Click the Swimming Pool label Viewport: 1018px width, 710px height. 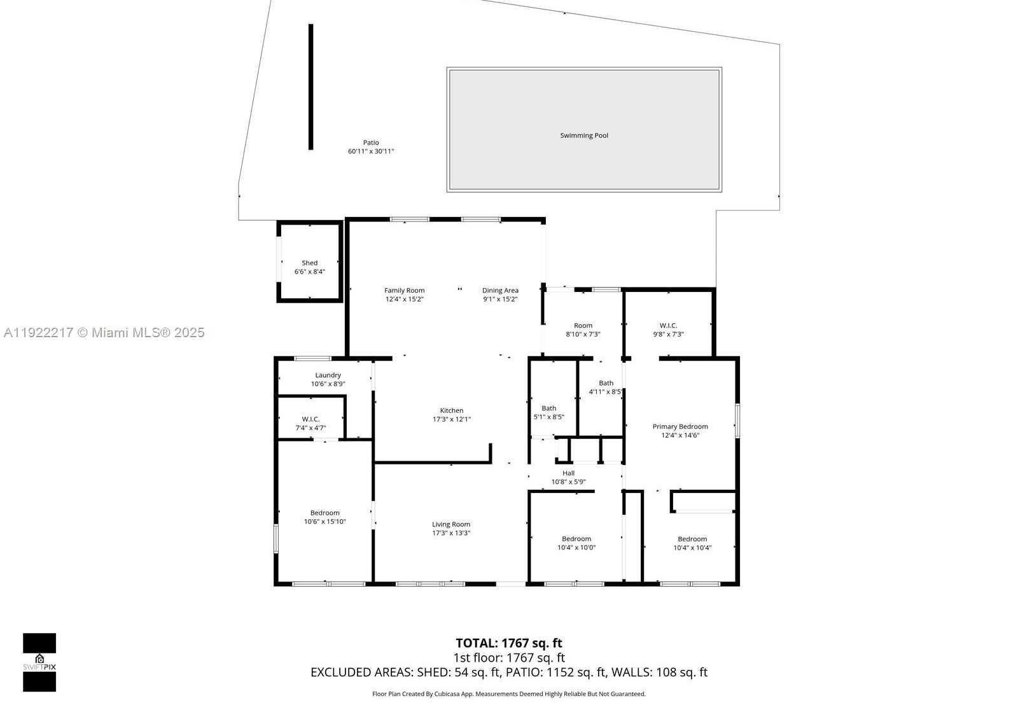pyautogui.click(x=584, y=136)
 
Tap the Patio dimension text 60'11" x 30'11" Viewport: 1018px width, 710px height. pyautogui.click(x=371, y=151)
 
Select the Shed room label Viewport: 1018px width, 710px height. pyautogui.click(x=310, y=263)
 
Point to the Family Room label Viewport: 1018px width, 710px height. pyautogui.click(x=404, y=291)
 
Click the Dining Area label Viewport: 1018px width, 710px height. pyautogui.click(x=500, y=291)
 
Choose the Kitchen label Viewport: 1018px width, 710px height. pyautogui.click(x=452, y=411)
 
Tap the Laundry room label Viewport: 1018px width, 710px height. pyautogui.click(x=328, y=375)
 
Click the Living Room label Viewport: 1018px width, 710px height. pyautogui.click(x=451, y=525)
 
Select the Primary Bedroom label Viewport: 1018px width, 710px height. pyautogui.click(x=680, y=427)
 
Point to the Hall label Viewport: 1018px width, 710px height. pyautogui.click(x=569, y=473)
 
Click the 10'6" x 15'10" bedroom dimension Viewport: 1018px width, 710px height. pyautogui.click(x=325, y=522)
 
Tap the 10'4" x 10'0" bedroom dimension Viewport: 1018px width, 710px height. pyautogui.click(x=576, y=548)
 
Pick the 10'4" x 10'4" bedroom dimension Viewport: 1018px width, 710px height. pyautogui.click(x=692, y=548)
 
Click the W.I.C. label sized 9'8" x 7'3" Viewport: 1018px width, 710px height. pyautogui.click(x=668, y=326)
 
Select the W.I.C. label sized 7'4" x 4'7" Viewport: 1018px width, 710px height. pyautogui.click(x=310, y=419)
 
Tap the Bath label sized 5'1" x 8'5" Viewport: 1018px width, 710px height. pyautogui.click(x=548, y=408)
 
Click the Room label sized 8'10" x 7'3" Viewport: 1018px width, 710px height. pyautogui.click(x=583, y=326)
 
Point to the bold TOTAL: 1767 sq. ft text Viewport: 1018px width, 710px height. pyautogui.click(x=509, y=643)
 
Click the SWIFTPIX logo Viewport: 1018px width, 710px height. pyautogui.click(x=39, y=662)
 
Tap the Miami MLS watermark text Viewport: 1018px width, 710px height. pyautogui.click(x=104, y=332)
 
